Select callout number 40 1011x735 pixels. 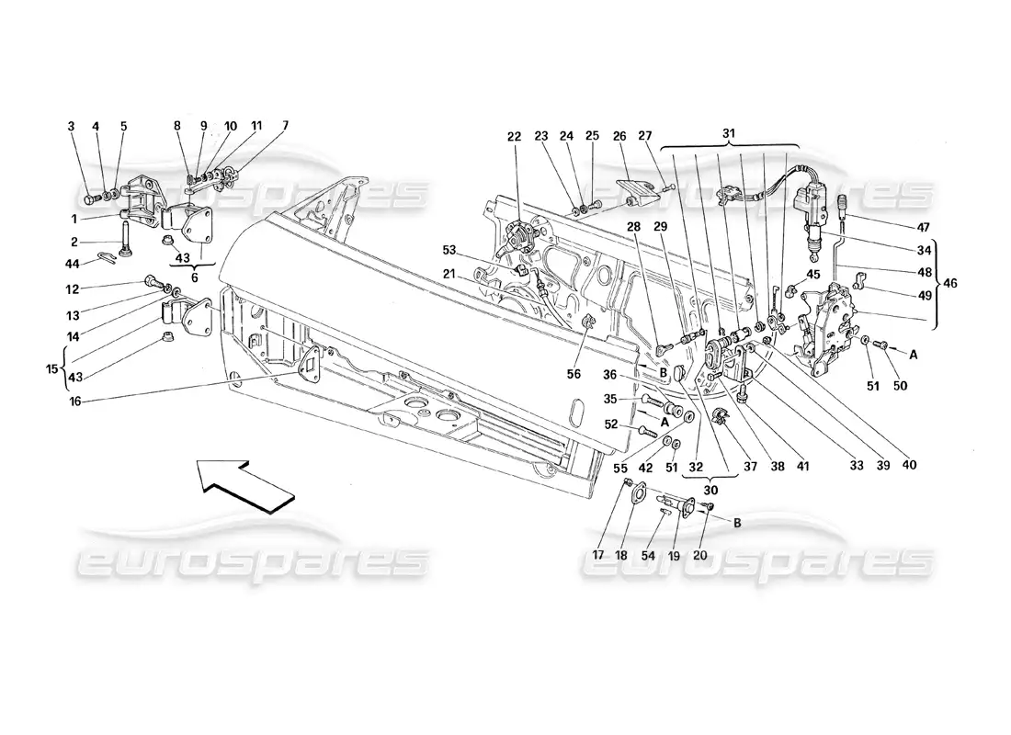[x=909, y=464]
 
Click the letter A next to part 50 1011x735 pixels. [x=914, y=352]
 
